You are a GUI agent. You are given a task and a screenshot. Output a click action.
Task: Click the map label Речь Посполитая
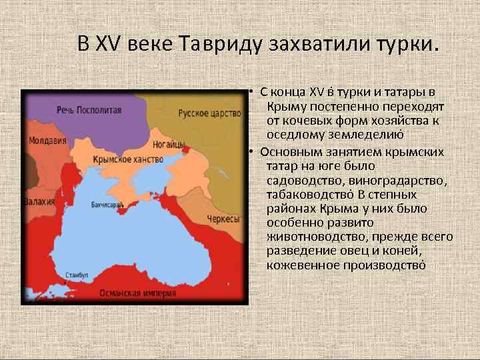click(89, 110)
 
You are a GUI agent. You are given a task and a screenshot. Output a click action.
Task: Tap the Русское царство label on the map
click(209, 113)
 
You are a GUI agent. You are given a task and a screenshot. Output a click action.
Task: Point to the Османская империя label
click(138, 293)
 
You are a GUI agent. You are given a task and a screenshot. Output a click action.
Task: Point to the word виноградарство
click(389, 180)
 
